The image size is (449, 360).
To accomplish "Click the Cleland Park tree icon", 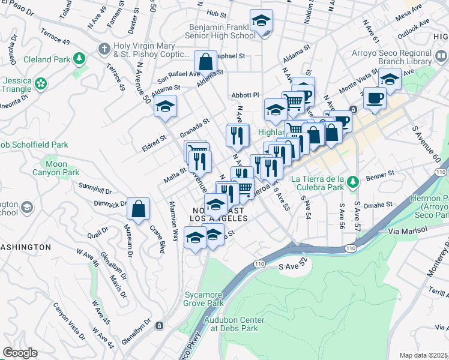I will point(79,59).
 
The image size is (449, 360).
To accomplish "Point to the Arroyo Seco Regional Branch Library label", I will point(392,57).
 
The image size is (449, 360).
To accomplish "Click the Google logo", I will point(20,353).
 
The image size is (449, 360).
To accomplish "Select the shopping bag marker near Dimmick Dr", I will point(139,209).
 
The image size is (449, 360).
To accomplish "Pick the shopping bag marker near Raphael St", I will point(205,62).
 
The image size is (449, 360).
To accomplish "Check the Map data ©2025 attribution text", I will point(423,355).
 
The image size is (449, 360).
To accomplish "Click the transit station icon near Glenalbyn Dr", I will point(159,325).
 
